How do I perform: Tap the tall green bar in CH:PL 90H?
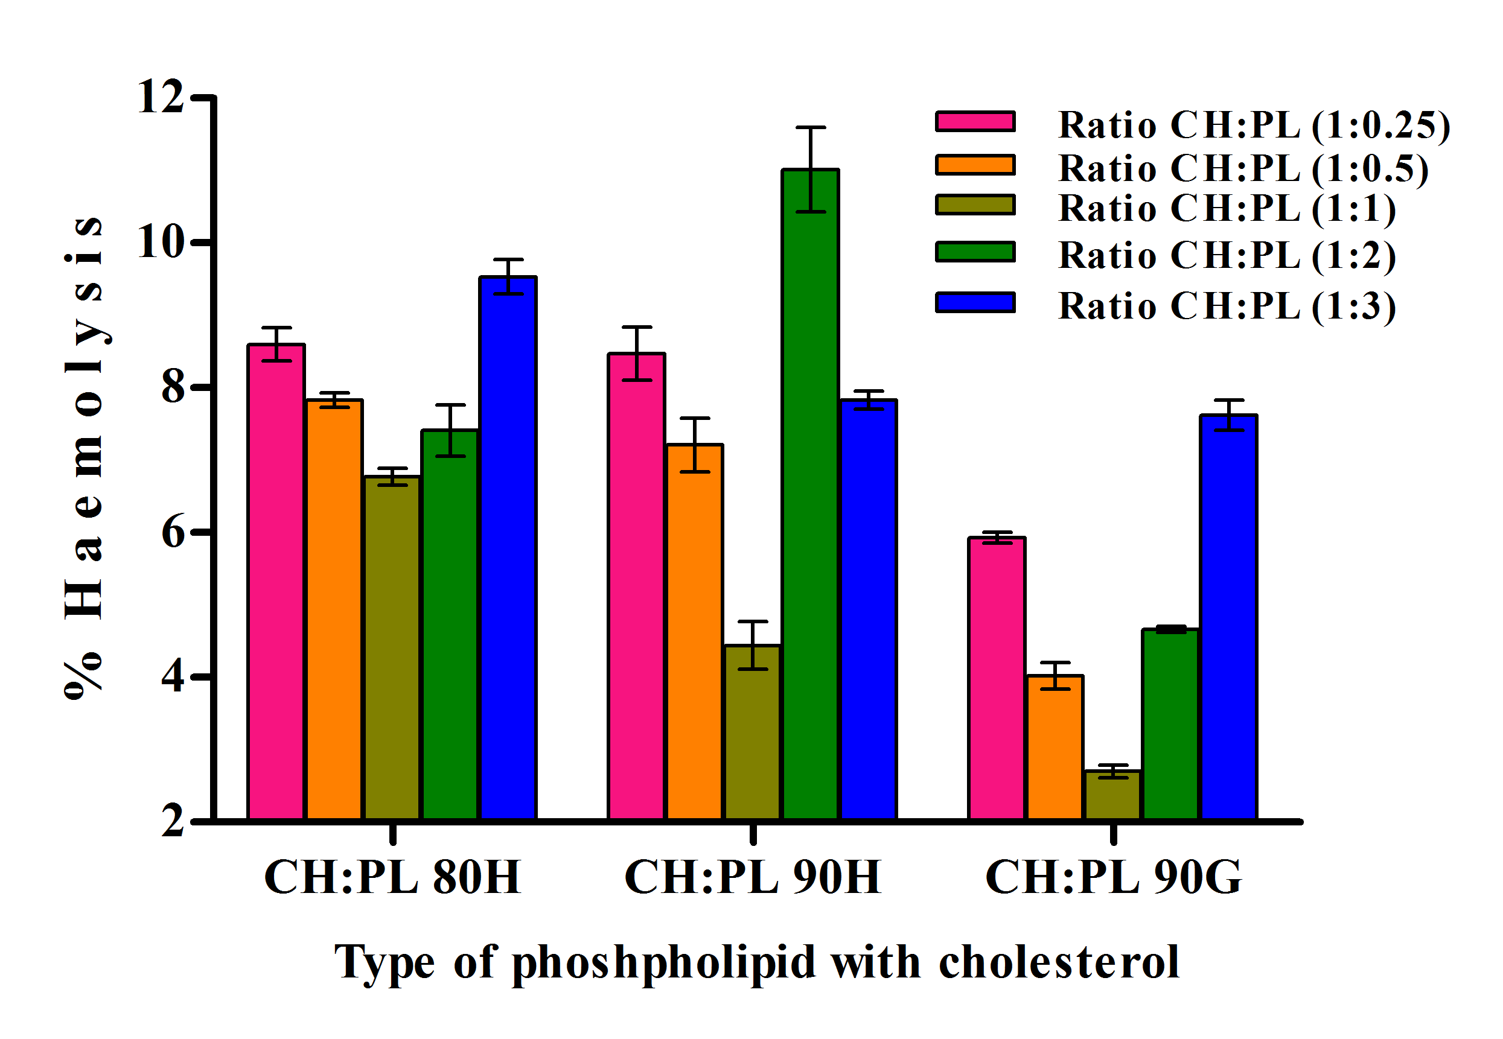pyautogui.click(x=811, y=494)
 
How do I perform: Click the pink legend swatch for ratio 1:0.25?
pyautogui.click(x=975, y=122)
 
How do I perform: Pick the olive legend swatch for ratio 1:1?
pyautogui.click(x=975, y=205)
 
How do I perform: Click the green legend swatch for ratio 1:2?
pyautogui.click(x=975, y=251)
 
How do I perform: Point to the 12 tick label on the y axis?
pyautogui.click(x=160, y=97)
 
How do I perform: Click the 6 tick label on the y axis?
pyautogui.click(x=173, y=533)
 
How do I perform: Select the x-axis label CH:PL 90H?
pyautogui.click(x=753, y=877)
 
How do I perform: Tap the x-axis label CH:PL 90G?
pyautogui.click(x=1114, y=877)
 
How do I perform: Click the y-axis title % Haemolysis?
pyautogui.click(x=84, y=456)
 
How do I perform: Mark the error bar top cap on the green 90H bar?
pyautogui.click(x=811, y=127)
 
